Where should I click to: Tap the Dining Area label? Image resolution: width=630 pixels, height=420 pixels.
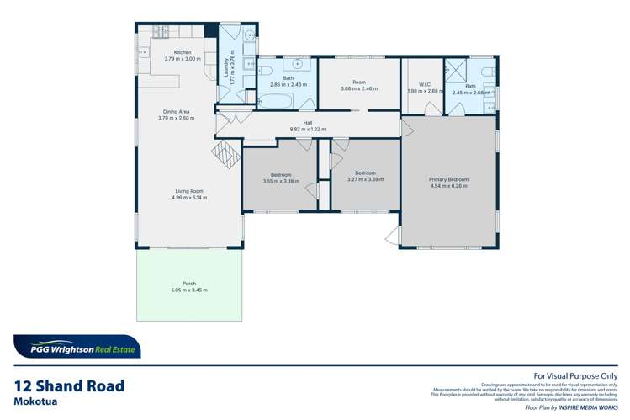(176, 111)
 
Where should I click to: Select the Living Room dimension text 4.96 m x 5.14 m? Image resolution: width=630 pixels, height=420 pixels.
(188, 198)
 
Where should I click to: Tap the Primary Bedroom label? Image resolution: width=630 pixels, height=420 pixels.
(447, 179)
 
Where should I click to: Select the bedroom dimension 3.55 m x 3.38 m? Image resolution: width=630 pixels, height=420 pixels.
(280, 181)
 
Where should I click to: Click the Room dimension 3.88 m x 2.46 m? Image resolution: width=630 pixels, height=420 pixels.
(359, 88)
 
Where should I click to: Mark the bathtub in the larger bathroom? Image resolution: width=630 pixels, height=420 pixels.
(275, 103)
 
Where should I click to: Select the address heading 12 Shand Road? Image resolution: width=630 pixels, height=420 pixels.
(69, 386)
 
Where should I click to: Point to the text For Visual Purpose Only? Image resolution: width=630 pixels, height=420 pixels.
(576, 376)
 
